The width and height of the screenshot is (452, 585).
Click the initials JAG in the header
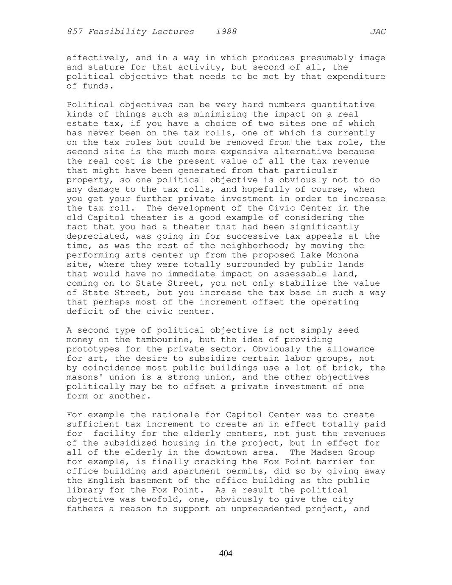[x=377, y=32]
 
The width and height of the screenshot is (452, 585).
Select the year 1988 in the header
[x=226, y=32]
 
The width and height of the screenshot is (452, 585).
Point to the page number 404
[x=226, y=553]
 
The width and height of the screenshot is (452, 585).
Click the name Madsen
[x=327, y=452]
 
